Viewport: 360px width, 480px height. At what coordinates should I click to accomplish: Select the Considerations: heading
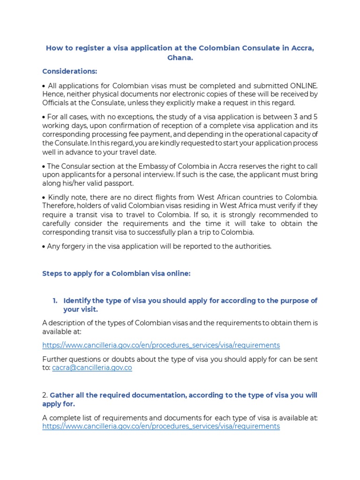(70, 71)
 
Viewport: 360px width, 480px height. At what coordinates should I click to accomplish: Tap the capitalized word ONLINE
(303, 85)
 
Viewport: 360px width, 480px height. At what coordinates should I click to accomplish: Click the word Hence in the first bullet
(52, 94)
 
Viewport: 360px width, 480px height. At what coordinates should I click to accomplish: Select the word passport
(119, 183)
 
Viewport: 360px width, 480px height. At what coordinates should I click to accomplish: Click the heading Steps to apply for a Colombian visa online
(116, 274)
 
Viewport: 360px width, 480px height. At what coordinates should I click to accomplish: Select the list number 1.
(54, 300)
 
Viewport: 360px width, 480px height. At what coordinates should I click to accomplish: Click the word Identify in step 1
(78, 300)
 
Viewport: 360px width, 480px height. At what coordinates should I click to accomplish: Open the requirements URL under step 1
(161, 345)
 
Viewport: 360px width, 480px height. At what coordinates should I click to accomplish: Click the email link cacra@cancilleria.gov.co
(92, 368)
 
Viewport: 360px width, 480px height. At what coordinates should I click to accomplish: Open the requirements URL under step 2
(161, 426)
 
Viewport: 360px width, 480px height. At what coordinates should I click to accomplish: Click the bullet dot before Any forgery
(44, 247)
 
